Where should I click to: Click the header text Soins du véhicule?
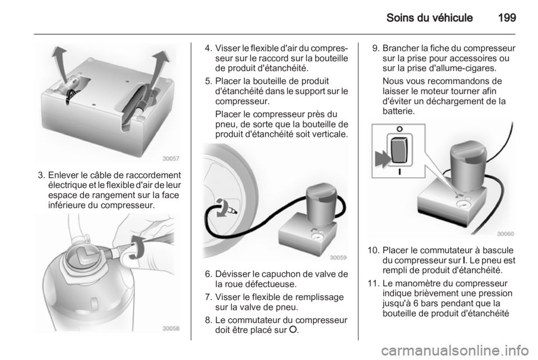tap(429, 17)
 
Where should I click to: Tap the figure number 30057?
tap(171, 159)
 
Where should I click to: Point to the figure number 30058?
tap(171, 329)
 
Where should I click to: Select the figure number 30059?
tap(338, 257)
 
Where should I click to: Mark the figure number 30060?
tap(505, 234)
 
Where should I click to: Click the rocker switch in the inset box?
tap(399, 151)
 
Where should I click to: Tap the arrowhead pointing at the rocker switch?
tap(382, 159)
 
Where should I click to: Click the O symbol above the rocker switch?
tap(399, 129)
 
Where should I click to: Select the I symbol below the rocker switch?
tap(400, 172)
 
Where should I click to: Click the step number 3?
tap(41, 176)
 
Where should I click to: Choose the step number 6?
tap(208, 274)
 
